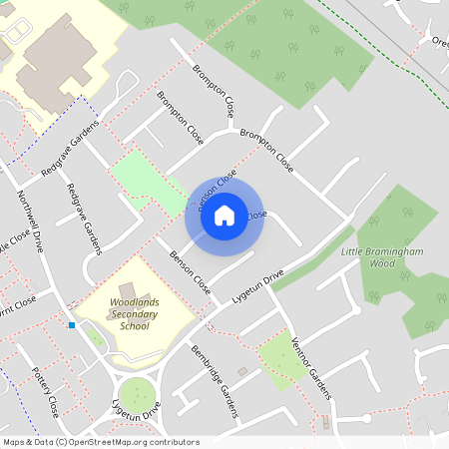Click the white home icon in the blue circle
[224, 214]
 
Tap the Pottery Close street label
[47, 391]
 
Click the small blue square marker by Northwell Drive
[72, 325]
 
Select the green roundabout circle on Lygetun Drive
[137, 393]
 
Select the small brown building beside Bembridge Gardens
[242, 371]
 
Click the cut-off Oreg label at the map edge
[440, 42]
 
